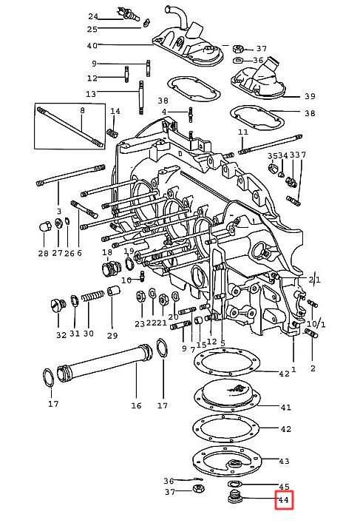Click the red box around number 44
pyautogui.click(x=284, y=499)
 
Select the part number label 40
pyautogui.click(x=92, y=45)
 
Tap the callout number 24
pyautogui.click(x=93, y=16)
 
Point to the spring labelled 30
pyautogui.click(x=92, y=295)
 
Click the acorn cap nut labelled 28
pyautogui.click(x=44, y=226)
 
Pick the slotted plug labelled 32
pyautogui.click(x=58, y=305)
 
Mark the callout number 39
pyautogui.click(x=310, y=96)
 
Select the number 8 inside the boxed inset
pyautogui.click(x=82, y=110)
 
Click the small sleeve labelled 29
pyautogui.click(x=113, y=291)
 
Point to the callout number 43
pyautogui.click(x=284, y=461)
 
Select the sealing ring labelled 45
pyautogui.click(x=234, y=484)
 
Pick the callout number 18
pyautogui.click(x=107, y=252)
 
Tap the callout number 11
pyautogui.click(x=243, y=132)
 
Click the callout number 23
pyautogui.click(x=140, y=323)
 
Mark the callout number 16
pyautogui.click(x=136, y=405)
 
